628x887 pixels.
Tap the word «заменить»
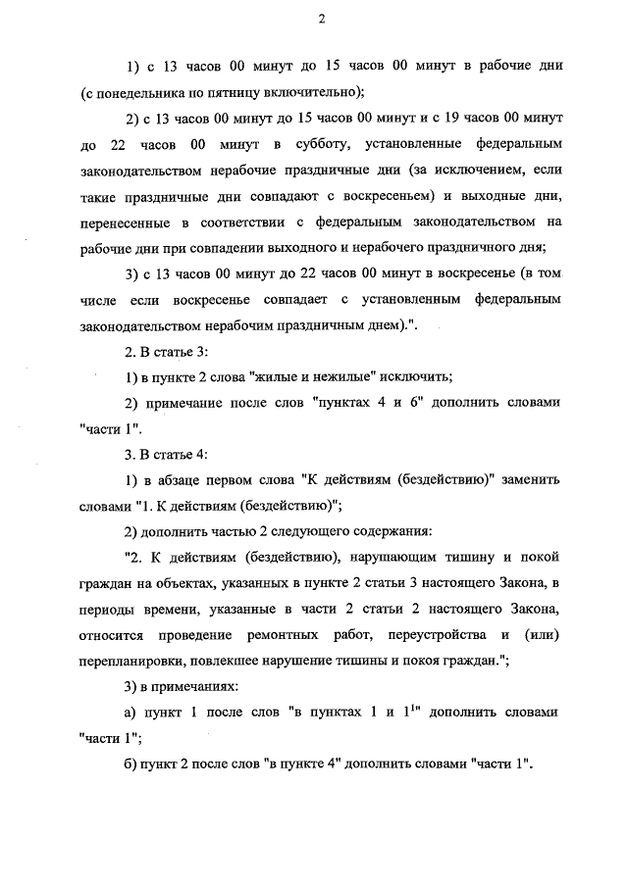tap(530, 479)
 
